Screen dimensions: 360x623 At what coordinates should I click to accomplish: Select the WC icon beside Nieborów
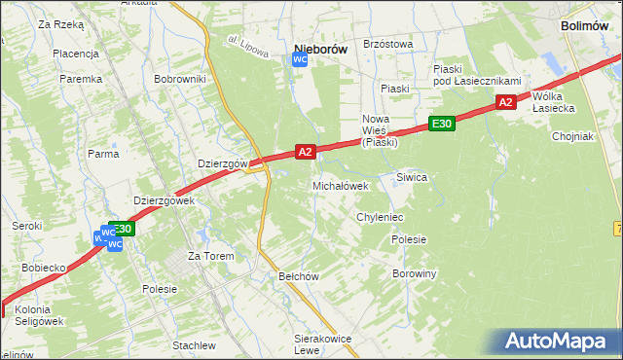point(301,60)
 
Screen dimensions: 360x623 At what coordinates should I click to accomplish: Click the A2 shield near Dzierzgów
point(305,152)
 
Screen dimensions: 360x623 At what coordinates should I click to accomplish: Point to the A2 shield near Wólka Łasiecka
point(504,102)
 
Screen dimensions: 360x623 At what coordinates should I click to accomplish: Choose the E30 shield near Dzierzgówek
point(122,230)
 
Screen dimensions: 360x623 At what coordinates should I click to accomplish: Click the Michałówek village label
point(340,185)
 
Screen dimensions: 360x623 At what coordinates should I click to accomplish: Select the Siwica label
point(412,177)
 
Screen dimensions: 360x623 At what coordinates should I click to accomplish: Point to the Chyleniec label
point(380,217)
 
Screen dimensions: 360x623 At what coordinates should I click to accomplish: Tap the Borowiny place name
point(414,273)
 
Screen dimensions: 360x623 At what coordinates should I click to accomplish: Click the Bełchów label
point(300,276)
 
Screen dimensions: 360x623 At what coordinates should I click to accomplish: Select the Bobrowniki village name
point(180,78)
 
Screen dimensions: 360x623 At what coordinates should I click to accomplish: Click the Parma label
point(103,154)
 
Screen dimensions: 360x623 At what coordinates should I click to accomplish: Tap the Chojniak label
point(572,136)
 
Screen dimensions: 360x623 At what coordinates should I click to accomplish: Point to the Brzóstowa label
point(387,44)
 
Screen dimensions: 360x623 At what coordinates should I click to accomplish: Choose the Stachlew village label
point(194,345)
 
